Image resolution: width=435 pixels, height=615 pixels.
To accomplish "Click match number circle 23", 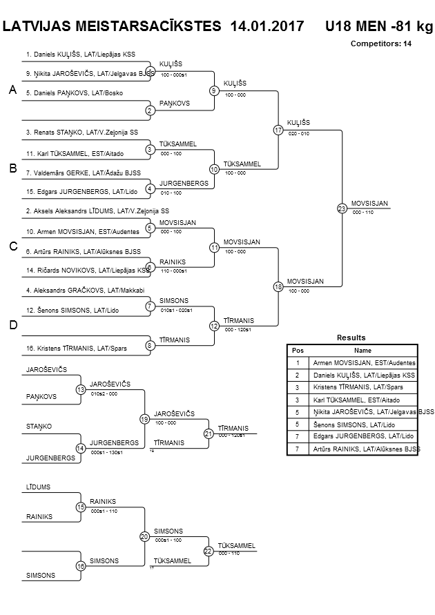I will tap(342, 208).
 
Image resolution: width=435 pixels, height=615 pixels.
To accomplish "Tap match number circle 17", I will tap(278, 130).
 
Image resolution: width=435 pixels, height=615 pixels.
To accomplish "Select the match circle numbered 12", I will tap(214, 326).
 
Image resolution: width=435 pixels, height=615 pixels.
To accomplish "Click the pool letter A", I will tap(12, 90).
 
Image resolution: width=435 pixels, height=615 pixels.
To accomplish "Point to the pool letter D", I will tap(12, 326).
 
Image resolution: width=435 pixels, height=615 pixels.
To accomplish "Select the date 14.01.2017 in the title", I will tap(267, 27).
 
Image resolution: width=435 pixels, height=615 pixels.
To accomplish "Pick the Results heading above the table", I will tap(351, 338).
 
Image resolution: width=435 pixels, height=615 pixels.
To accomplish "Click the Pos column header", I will tap(298, 350).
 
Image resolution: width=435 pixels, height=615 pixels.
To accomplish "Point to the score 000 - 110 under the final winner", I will tap(362, 213).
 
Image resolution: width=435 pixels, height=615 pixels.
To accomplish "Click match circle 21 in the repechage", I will tap(208, 433).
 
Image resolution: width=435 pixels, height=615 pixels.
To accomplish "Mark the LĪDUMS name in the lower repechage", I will tap(39, 487).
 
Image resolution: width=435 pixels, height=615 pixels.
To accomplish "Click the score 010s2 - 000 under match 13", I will tap(104, 394).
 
